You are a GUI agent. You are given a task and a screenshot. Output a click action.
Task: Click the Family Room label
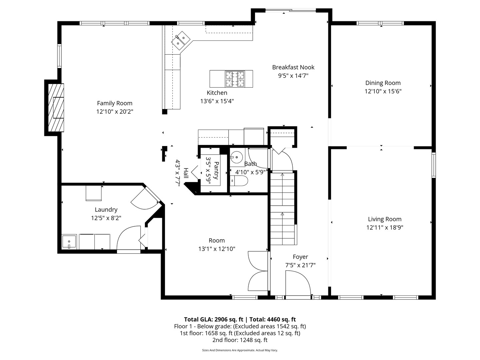115,103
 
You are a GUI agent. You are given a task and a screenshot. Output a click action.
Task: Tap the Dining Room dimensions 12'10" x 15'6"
383,91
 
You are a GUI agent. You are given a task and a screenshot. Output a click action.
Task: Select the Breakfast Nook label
293,67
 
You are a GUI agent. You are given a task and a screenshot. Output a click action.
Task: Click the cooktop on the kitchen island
235,79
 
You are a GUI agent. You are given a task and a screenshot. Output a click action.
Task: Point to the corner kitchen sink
181,41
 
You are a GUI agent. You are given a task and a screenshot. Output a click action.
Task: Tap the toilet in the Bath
239,181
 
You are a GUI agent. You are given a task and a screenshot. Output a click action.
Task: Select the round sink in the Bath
236,157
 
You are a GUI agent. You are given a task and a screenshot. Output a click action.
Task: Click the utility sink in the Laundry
69,242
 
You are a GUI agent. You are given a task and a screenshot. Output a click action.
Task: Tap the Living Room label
385,219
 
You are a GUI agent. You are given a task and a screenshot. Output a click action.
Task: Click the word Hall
186,173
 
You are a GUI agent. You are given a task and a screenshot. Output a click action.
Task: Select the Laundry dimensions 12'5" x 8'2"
106,218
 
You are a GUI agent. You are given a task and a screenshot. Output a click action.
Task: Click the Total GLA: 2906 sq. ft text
214,320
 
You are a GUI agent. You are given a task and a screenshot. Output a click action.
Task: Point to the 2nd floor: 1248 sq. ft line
240,340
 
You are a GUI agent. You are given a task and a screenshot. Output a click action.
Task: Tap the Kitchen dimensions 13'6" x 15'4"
217,101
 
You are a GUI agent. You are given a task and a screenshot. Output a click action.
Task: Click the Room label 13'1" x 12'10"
217,245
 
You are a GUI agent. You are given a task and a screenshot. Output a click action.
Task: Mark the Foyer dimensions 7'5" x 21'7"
300,265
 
